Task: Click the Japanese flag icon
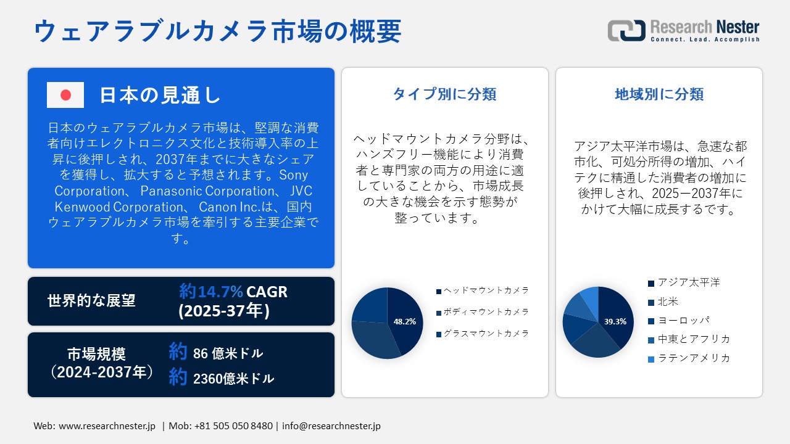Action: click(65, 95)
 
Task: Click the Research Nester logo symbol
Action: click(626, 31)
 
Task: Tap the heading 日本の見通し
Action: click(160, 95)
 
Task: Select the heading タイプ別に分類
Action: click(444, 94)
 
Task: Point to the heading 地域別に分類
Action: click(659, 94)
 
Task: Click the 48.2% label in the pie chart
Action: click(405, 321)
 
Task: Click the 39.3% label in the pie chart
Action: click(615, 321)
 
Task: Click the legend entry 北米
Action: click(668, 302)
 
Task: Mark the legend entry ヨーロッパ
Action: click(683, 321)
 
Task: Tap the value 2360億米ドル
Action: click(233, 379)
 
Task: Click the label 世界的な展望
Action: click(91, 301)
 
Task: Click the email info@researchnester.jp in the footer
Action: click(331, 426)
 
